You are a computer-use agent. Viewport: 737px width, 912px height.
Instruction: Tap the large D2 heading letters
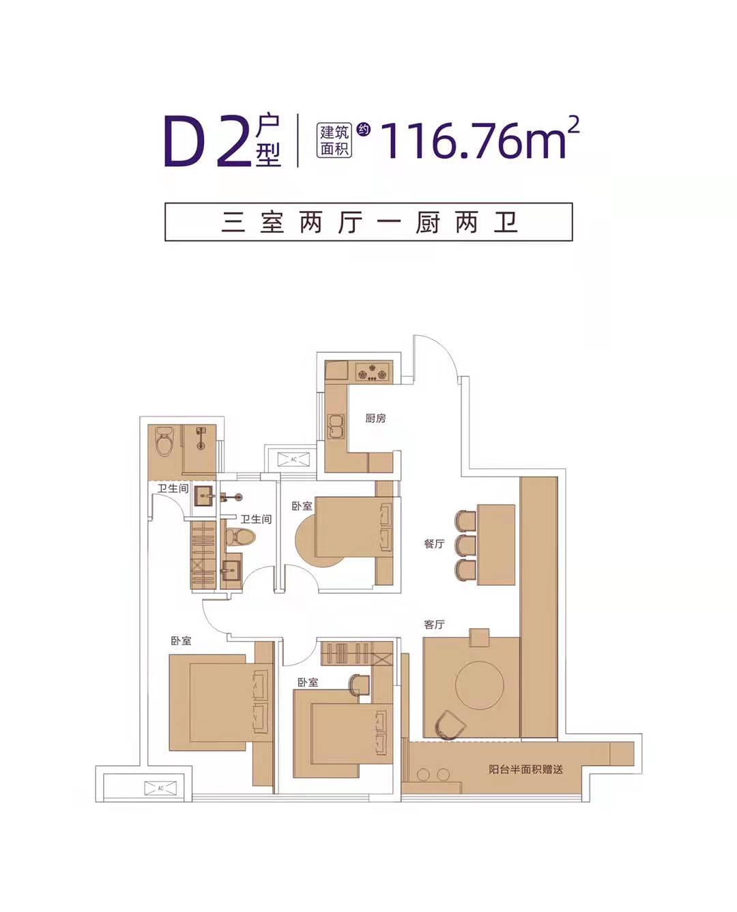(x=205, y=141)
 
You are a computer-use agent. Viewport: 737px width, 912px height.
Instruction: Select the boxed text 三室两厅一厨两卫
(x=369, y=222)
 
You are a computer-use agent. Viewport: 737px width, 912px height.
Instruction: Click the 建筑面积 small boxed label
(x=334, y=139)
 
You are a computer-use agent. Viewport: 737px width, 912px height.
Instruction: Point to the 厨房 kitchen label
(x=375, y=418)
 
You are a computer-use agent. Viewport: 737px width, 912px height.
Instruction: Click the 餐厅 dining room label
(x=434, y=544)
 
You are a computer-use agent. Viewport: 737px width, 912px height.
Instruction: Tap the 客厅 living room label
(x=434, y=625)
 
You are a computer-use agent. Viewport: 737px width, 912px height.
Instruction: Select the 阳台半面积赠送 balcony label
(x=525, y=769)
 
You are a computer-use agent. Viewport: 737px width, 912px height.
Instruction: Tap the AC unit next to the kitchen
(x=293, y=459)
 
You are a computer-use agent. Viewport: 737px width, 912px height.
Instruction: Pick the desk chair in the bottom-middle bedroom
(x=357, y=684)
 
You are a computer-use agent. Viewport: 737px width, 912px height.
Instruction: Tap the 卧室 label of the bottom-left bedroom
(x=181, y=641)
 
